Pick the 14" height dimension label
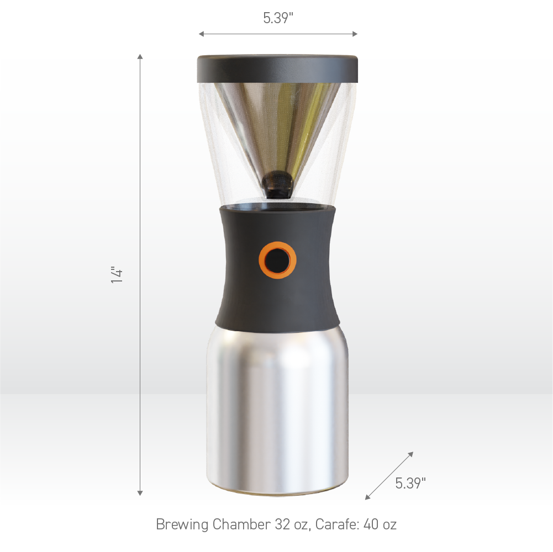tap(117, 275)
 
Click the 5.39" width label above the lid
tap(277, 18)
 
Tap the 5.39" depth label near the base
tap(410, 484)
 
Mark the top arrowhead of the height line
tap(140, 56)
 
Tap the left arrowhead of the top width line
tap(201, 34)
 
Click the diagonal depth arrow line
tap(389, 476)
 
